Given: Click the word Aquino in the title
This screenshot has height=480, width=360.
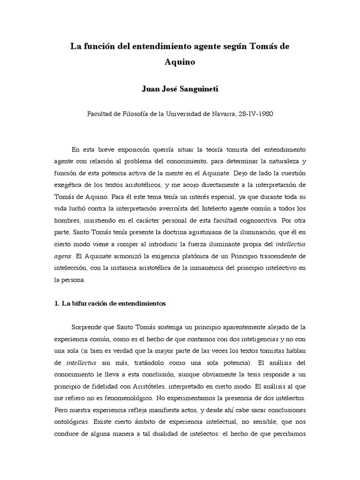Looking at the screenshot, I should [x=180, y=61].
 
